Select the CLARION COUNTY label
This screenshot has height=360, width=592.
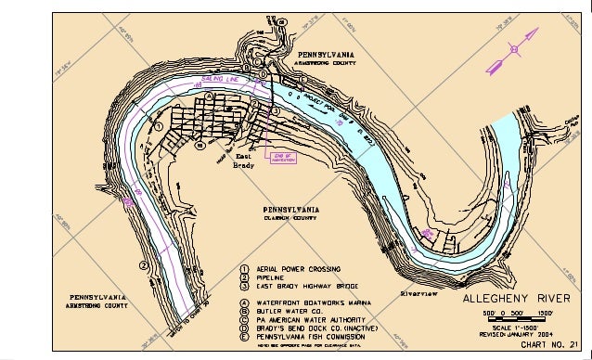[292, 218]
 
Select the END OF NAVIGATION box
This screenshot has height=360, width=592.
[280, 158]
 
